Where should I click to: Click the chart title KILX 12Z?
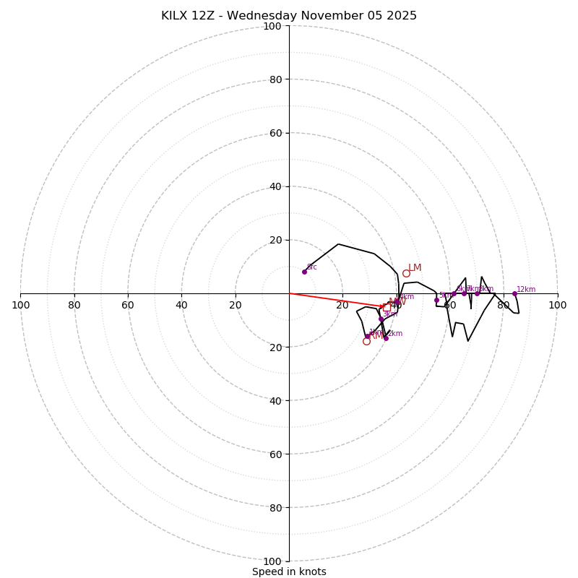[x=288, y=16]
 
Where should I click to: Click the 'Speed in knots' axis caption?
[x=289, y=571]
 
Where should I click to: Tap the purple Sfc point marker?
[x=304, y=272]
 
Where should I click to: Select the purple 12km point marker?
[x=514, y=293]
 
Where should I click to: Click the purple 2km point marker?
[x=386, y=338]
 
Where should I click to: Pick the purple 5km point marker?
[x=436, y=300]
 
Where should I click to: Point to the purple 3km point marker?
[x=381, y=319]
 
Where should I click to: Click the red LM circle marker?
[x=406, y=273]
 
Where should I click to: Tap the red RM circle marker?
[x=366, y=341]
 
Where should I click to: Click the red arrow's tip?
[x=386, y=306]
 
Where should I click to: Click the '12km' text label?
[x=526, y=289]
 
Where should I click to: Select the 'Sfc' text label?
[x=312, y=267]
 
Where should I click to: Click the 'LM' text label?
[x=415, y=268]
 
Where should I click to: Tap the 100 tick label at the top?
[x=272, y=26]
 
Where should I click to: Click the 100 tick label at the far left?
[x=20, y=305]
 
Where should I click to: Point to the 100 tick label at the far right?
[x=557, y=305]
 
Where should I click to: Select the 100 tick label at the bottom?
[x=272, y=561]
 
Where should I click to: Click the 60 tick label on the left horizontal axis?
[x=128, y=305]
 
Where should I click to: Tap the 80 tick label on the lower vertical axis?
[x=275, y=508]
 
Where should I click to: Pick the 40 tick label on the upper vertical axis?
[x=275, y=186]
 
